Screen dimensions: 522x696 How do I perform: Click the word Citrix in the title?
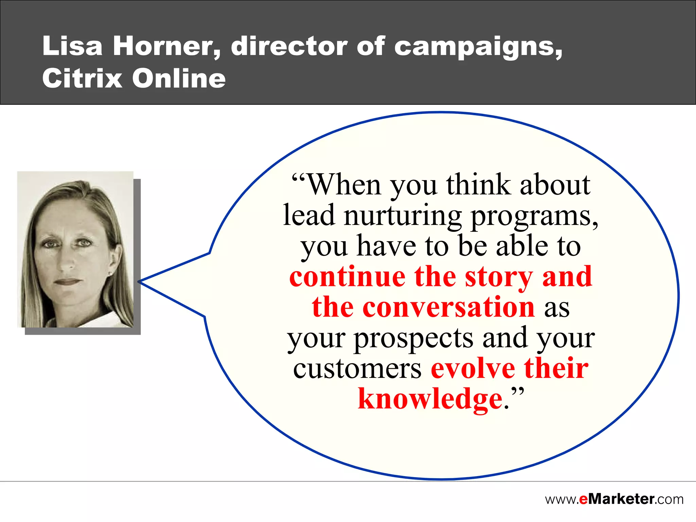(x=82, y=78)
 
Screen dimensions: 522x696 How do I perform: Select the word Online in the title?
(x=179, y=78)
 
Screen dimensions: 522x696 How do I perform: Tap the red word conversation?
(x=449, y=307)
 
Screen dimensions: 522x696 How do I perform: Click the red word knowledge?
(x=430, y=400)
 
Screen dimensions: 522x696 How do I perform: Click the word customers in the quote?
(x=357, y=369)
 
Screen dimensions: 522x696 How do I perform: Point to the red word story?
(x=499, y=277)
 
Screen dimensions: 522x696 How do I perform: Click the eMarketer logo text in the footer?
(x=614, y=499)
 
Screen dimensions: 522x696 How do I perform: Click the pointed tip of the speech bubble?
(x=139, y=282)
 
